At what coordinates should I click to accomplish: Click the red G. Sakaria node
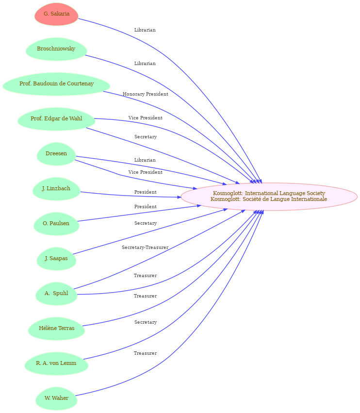pyautogui.click(x=56, y=14)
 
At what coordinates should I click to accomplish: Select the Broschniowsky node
pyautogui.click(x=56, y=49)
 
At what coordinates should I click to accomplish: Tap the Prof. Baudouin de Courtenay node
pyautogui.click(x=56, y=84)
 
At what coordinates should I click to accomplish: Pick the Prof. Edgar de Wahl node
pyautogui.click(x=56, y=119)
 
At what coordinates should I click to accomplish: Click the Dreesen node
pyautogui.click(x=56, y=154)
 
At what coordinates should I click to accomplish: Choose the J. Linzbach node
pyautogui.click(x=56, y=189)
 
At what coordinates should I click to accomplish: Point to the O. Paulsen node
pyautogui.click(x=56, y=224)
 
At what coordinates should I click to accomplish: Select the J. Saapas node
pyautogui.click(x=56, y=259)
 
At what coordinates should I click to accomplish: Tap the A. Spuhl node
pyautogui.click(x=56, y=294)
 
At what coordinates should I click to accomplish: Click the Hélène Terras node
pyautogui.click(x=56, y=329)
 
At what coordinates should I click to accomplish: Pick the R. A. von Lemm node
pyautogui.click(x=56, y=363)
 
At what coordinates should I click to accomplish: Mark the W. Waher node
pyautogui.click(x=56, y=398)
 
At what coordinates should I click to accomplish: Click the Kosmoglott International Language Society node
pyautogui.click(x=269, y=197)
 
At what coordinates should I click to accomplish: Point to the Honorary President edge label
pyautogui.click(x=146, y=94)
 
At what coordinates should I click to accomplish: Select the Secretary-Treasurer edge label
pyautogui.click(x=145, y=248)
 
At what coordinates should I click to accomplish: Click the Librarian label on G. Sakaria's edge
pyautogui.click(x=145, y=30)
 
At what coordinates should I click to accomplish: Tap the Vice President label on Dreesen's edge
pyautogui.click(x=146, y=172)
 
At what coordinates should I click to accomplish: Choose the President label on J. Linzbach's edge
pyautogui.click(x=146, y=192)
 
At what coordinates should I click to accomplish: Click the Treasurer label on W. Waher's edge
pyautogui.click(x=145, y=353)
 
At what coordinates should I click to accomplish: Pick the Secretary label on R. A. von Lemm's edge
pyautogui.click(x=146, y=322)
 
